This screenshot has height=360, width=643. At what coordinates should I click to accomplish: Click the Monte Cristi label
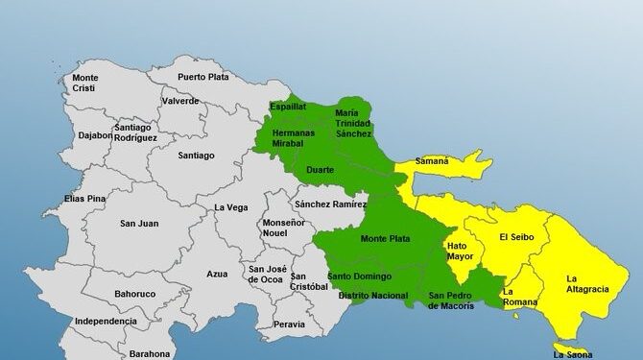click(85, 83)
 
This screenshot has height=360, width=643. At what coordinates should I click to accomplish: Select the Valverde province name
click(180, 101)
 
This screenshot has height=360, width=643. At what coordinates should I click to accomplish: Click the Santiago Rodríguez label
click(135, 132)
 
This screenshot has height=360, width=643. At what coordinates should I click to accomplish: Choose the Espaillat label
click(287, 108)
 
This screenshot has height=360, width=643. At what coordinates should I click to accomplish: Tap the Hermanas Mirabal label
click(293, 136)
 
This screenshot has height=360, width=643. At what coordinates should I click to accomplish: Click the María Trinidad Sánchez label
click(353, 123)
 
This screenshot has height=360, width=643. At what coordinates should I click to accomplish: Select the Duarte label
click(320, 170)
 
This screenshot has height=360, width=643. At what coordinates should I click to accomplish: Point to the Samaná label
click(431, 161)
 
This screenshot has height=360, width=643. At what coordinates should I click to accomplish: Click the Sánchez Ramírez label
click(330, 204)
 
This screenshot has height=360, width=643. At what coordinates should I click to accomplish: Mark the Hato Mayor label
click(461, 252)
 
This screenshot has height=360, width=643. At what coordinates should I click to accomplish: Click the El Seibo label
click(515, 236)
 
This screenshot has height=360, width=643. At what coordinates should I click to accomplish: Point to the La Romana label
click(521, 297)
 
